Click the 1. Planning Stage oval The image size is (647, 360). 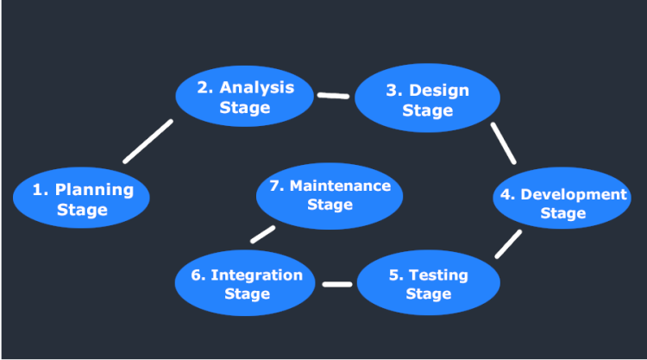82,199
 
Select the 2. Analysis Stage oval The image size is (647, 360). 245,98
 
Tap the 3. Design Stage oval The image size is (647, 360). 427,100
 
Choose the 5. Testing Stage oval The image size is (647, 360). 428,284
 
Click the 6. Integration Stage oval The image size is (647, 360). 247,284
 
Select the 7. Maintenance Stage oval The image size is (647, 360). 330,195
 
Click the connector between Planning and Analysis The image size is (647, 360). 148,141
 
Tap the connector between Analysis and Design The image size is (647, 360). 333,95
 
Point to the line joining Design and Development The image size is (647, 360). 503,142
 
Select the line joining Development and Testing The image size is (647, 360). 508,243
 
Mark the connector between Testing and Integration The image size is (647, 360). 337,283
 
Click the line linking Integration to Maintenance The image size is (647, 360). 262,235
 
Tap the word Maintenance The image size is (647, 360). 340,186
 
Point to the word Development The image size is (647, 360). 574,194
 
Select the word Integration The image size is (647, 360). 256,275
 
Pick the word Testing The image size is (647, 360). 438,275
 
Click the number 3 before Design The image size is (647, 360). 393,91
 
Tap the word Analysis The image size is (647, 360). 257,87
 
